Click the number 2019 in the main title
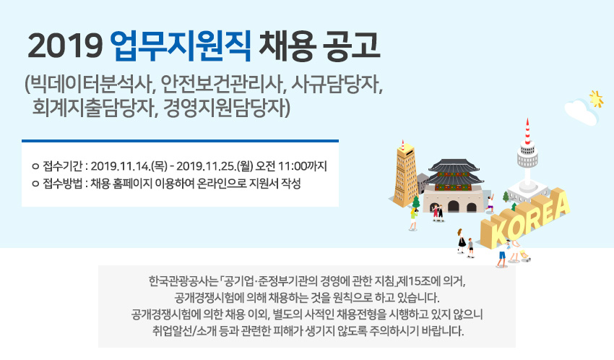65,46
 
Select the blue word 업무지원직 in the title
181,46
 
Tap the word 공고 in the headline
351,46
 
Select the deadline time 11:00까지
302,166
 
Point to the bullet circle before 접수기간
35,166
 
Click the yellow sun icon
597,98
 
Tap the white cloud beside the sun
580,111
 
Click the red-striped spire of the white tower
527,132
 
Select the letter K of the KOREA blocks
496,232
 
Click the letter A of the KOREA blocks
560,205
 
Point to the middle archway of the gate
453,206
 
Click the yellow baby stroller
524,255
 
